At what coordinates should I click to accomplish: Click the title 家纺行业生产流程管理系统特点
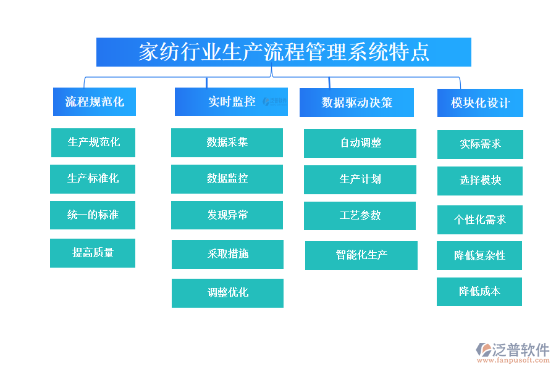284,52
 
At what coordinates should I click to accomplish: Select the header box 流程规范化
95,102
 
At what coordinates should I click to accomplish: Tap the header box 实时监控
231,102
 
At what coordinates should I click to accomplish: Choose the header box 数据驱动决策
356,102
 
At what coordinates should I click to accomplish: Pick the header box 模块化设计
480,103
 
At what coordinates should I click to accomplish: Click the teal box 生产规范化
93,142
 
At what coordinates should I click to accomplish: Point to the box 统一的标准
93,215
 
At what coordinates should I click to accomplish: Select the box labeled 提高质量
93,253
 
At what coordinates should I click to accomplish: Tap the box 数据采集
227,142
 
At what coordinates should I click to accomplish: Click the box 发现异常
227,215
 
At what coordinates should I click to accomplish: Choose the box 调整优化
227,293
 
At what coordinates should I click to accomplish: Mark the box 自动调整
360,143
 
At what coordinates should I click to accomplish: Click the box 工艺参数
360,216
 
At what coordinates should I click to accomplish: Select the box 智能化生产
361,255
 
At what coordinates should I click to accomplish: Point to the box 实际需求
480,144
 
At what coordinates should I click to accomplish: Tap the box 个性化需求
480,220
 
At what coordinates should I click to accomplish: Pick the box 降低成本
479,292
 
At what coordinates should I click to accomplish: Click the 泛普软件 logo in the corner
512,353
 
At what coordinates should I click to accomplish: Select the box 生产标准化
93,179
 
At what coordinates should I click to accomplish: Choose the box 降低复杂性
479,255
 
